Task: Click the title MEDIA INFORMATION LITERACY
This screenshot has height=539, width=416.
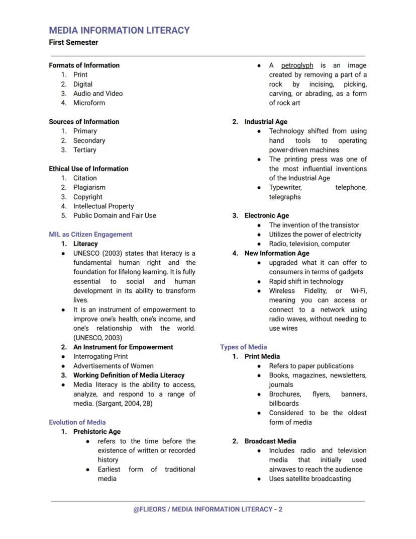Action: click(119, 30)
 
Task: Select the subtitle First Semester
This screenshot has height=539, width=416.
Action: click(73, 42)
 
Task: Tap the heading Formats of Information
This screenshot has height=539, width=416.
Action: click(84, 65)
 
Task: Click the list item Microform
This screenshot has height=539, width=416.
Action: click(89, 103)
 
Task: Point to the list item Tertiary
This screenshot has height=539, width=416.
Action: click(84, 150)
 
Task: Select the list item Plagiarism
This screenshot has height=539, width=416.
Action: click(89, 187)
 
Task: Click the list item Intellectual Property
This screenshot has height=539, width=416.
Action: click(103, 206)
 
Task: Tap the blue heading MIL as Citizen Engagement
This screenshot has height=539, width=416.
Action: click(90, 235)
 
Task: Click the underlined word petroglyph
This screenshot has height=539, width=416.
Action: click(297, 65)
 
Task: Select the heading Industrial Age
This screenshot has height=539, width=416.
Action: click(266, 122)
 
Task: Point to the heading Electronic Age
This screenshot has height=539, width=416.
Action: click(266, 215)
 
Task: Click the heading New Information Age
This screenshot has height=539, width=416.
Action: click(277, 253)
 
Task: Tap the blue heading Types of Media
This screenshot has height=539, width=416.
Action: click(243, 347)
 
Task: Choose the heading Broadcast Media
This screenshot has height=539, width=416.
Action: click(270, 441)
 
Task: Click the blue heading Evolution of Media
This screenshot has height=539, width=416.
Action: click(77, 422)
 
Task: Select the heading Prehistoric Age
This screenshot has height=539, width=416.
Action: click(97, 432)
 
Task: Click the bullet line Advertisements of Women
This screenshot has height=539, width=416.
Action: click(114, 366)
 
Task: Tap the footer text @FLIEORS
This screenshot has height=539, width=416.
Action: click(149, 509)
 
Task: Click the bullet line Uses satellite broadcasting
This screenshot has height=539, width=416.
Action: click(309, 479)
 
